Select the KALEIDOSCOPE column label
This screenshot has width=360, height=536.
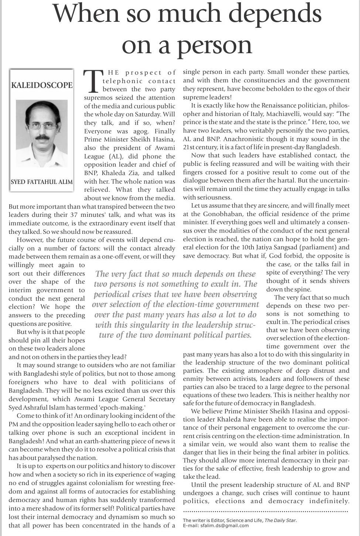click(42, 85)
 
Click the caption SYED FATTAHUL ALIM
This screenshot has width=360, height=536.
click(42, 182)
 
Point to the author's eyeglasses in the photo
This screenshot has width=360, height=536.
click(42, 126)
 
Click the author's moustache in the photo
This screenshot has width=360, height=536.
click(42, 137)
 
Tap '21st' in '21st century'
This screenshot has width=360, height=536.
click(189, 147)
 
